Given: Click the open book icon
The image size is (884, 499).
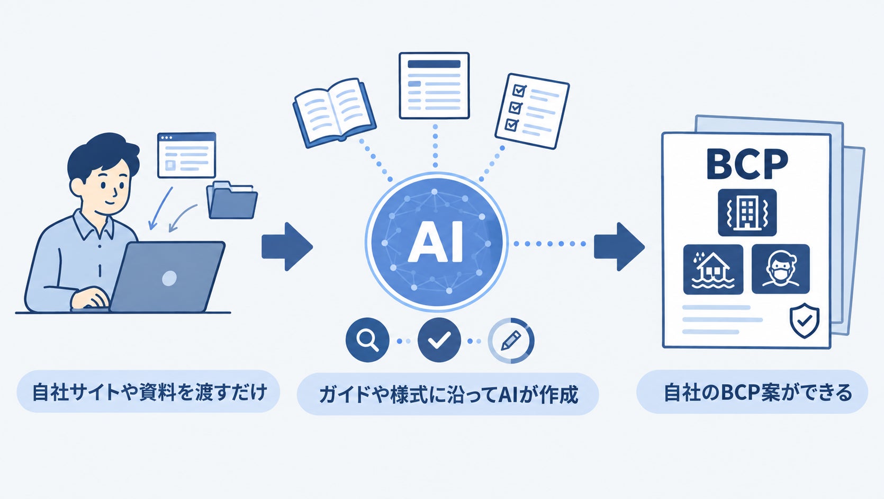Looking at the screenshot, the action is (335, 112).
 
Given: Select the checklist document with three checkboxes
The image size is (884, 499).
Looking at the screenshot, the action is (532, 111).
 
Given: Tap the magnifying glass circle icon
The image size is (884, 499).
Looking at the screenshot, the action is (367, 340).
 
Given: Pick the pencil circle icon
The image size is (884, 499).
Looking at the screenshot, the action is (511, 340).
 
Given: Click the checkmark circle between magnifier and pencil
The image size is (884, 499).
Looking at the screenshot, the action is (439, 340).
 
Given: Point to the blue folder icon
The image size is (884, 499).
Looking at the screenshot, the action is (232, 200).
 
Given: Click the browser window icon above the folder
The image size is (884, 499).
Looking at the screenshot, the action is (186, 155).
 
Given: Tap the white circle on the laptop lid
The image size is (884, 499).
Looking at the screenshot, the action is (169, 278).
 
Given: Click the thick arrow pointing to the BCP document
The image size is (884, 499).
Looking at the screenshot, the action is (619, 247).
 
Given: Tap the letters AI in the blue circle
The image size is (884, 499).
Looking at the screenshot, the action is (436, 242).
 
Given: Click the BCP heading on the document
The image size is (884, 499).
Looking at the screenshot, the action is (747, 164).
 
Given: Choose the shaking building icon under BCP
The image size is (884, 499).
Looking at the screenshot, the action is (747, 212).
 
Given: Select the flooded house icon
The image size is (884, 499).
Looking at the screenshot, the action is (713, 269).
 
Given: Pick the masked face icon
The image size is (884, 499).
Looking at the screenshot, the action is (781, 269).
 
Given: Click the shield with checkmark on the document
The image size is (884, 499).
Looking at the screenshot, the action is (804, 320).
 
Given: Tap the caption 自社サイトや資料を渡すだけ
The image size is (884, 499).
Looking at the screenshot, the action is (150, 392).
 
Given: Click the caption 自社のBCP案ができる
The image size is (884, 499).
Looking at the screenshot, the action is (757, 393).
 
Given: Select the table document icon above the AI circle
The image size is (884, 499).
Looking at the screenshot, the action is (434, 86).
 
